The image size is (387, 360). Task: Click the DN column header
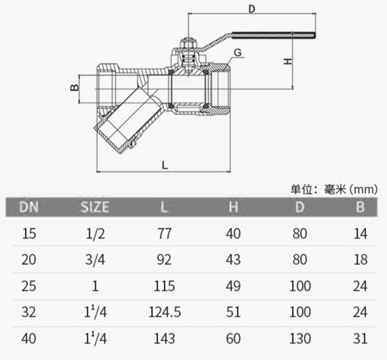coord(29,207)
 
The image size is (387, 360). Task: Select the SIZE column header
coord(95,207)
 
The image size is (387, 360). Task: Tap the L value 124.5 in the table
coord(165,312)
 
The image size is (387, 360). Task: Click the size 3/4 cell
coord(95,260)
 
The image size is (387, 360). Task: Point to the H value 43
coord(233,260)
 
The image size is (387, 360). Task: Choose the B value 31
coord(360,338)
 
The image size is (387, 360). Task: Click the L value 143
coord(165,338)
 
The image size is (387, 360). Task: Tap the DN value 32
coord(29,312)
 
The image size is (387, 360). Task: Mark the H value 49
coord(233,286)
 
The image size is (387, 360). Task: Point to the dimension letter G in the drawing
coord(238,53)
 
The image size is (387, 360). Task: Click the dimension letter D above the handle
coord(252,8)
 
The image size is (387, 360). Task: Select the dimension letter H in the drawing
coord(286,62)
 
